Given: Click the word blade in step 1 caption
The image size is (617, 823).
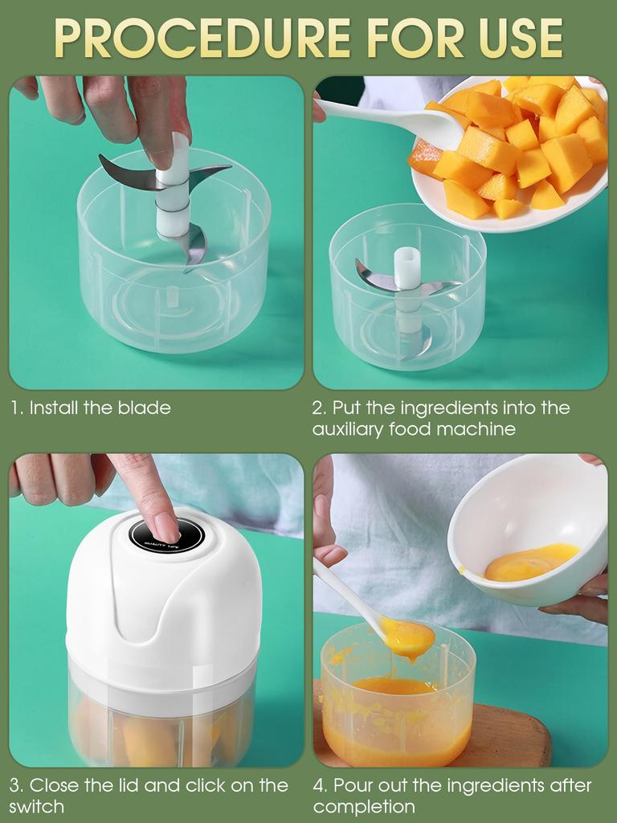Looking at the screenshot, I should [144, 407].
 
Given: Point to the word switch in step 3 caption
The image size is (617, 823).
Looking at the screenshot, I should [37, 806].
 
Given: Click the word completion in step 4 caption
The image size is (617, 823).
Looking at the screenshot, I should [364, 806].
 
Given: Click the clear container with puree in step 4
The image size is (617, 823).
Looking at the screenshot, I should [397, 707].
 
